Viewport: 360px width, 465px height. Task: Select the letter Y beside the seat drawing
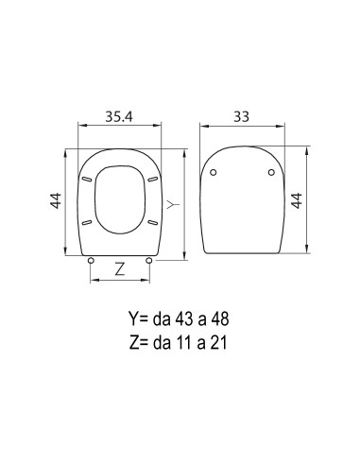point(171,204)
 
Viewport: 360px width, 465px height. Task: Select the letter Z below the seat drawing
point(119,268)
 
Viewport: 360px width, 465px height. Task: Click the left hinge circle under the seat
point(90,260)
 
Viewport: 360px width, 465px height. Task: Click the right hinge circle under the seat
point(149,260)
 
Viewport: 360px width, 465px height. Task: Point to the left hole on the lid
point(214,172)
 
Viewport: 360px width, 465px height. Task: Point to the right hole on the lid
point(273,172)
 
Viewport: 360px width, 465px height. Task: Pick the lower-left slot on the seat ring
point(88,222)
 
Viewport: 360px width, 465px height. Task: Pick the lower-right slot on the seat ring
point(151,222)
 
